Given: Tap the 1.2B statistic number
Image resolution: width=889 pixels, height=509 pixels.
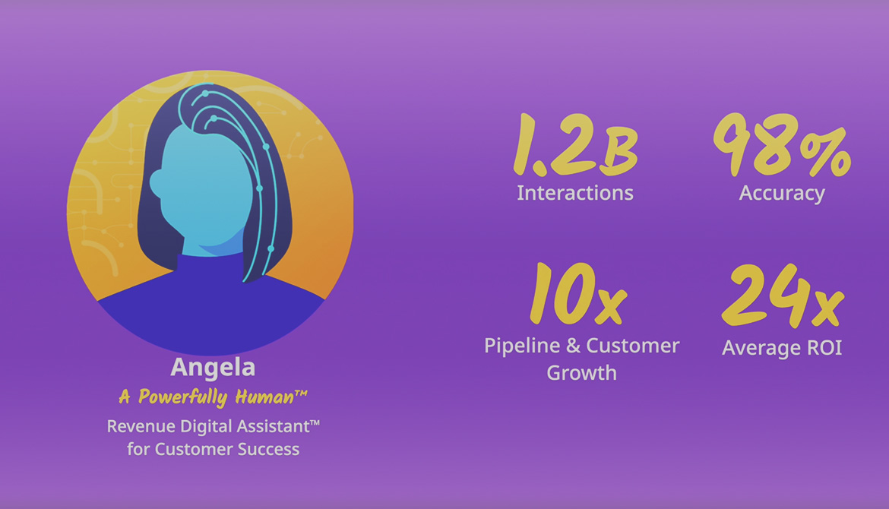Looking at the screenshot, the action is pyautogui.click(x=575, y=144).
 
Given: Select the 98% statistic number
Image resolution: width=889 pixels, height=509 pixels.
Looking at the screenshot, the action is pyautogui.click(x=782, y=145).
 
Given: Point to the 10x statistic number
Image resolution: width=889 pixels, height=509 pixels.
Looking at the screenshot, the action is pyautogui.click(x=578, y=293).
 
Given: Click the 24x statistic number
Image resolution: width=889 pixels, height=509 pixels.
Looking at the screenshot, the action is pyautogui.click(x=783, y=296).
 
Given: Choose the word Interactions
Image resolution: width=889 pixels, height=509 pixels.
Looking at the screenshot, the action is pyautogui.click(x=575, y=193).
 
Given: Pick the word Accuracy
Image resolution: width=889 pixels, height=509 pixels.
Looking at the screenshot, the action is pyautogui.click(x=782, y=194).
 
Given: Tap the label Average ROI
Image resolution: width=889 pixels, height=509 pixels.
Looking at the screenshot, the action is pyautogui.click(x=782, y=348).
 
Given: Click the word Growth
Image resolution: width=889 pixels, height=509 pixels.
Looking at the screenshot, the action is pyautogui.click(x=582, y=373).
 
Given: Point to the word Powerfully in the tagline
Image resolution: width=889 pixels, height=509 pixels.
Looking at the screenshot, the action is pyautogui.click(x=182, y=397).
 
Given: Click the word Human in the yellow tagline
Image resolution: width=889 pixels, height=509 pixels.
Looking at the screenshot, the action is pyautogui.click(x=264, y=397).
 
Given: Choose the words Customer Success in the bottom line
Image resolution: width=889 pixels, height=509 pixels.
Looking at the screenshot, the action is pyautogui.click(x=226, y=450).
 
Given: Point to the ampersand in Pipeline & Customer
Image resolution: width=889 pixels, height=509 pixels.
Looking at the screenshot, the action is pyautogui.click(x=573, y=346).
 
